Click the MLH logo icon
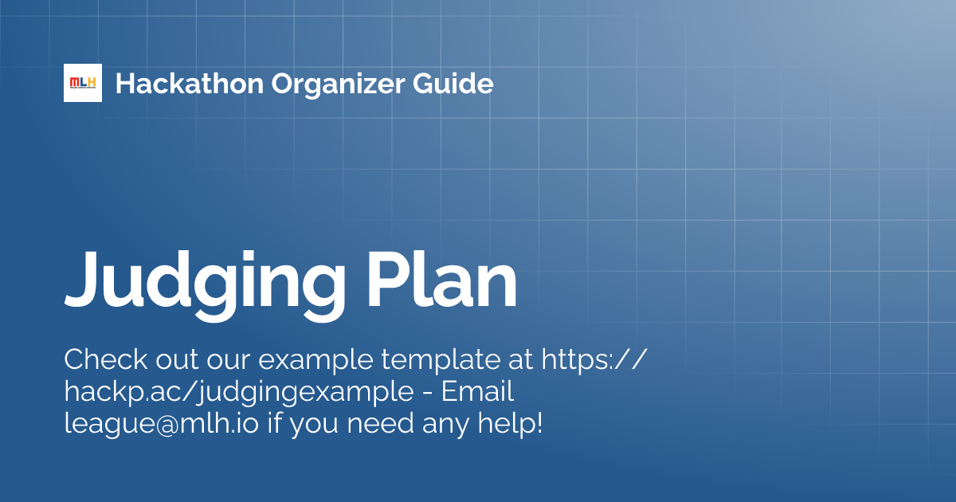pos(83,83)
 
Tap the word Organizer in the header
pos(343,83)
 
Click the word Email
pos(477,391)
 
